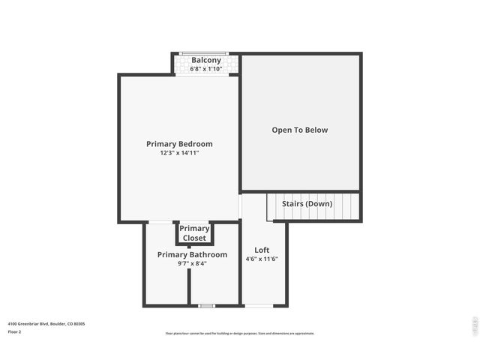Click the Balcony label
(206, 60)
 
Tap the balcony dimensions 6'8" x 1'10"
(206, 68)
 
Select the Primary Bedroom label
(179, 144)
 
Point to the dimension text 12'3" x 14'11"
(179, 153)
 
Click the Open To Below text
(299, 130)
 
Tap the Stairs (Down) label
(307, 203)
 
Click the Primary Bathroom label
(192, 255)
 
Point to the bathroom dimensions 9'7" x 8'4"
(192, 263)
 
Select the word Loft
(262, 250)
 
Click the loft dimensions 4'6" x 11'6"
(262, 259)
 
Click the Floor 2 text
(14, 331)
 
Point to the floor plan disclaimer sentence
(240, 334)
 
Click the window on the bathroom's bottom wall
(206, 306)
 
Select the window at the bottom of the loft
(259, 306)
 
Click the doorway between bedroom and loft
(240, 206)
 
